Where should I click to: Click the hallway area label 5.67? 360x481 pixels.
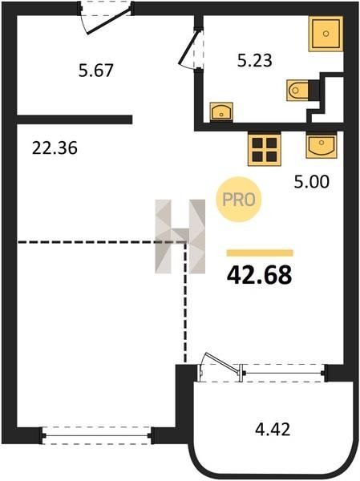(96, 71)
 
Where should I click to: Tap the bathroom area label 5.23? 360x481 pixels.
(255, 60)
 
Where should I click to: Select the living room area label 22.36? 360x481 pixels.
(55, 148)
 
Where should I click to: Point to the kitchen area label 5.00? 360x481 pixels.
(312, 182)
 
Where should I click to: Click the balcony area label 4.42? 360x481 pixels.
(273, 429)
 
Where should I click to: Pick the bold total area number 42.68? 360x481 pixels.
(259, 275)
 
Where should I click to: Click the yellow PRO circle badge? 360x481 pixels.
(238, 200)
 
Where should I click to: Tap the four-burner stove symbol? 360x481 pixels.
(265, 149)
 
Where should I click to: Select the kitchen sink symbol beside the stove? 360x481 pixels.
(322, 145)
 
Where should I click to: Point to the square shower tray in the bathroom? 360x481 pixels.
(326, 34)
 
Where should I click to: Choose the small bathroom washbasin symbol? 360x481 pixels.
(221, 111)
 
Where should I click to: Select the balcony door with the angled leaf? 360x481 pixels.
(219, 369)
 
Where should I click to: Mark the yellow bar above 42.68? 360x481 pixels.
(260, 253)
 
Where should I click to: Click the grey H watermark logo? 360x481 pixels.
(180, 236)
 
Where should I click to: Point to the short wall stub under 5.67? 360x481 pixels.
(75, 119)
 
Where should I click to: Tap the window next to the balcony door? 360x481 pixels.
(284, 373)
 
